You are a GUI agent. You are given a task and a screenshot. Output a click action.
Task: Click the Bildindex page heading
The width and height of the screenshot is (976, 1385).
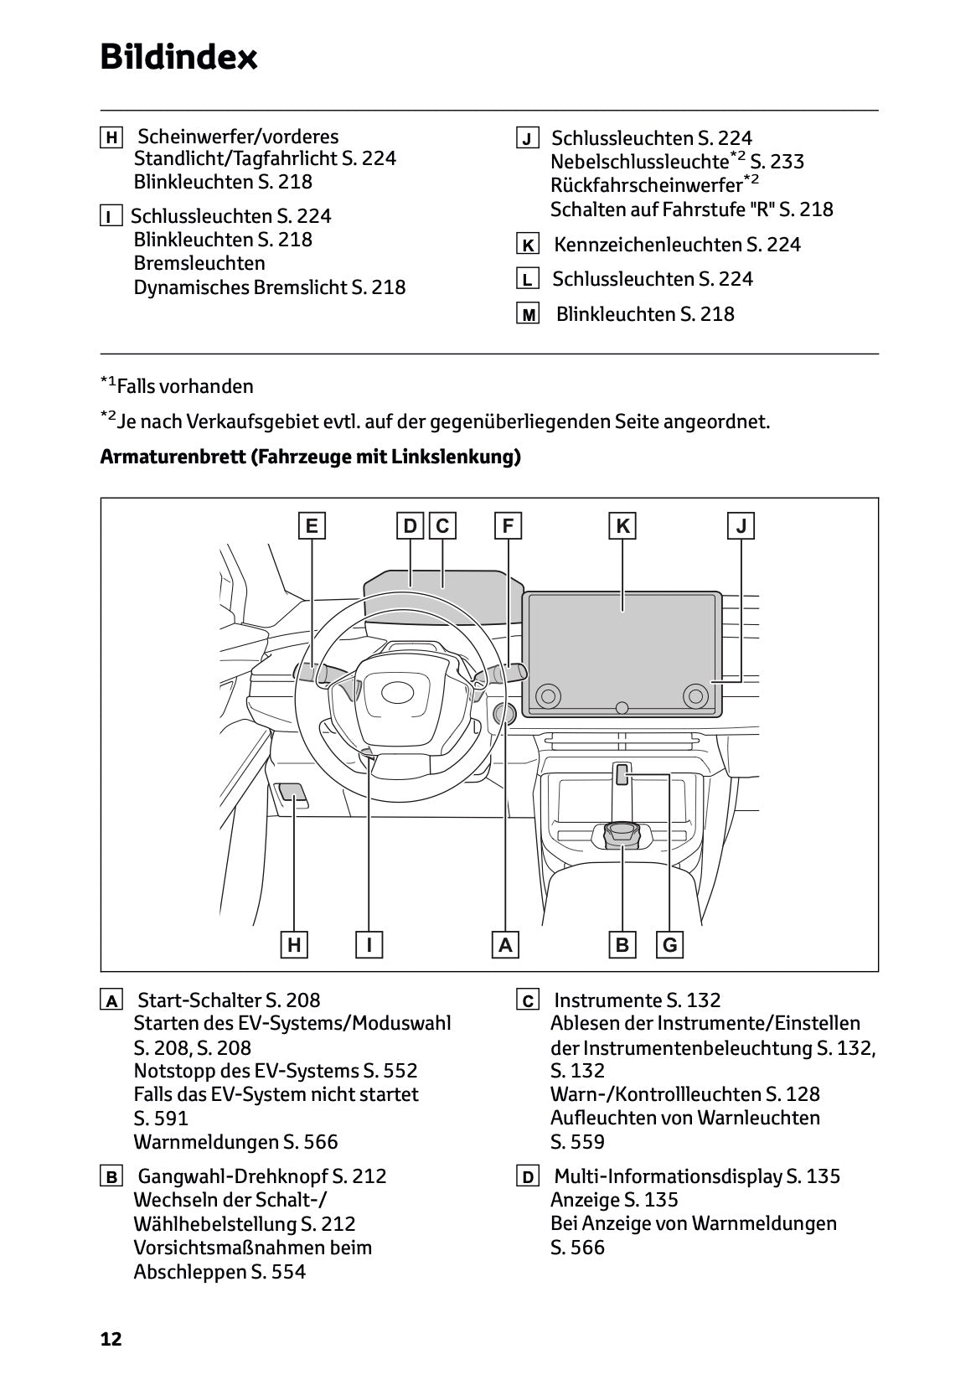[178, 58]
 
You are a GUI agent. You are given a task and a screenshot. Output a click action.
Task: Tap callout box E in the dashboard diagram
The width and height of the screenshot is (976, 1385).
[312, 526]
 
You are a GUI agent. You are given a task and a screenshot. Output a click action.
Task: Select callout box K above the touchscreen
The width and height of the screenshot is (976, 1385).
[622, 526]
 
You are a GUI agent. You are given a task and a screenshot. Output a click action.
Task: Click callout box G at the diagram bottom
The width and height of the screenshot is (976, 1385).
[670, 945]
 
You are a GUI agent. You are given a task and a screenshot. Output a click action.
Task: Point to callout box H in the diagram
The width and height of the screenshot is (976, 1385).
[294, 945]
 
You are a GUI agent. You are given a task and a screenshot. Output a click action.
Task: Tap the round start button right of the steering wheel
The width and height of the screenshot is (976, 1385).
[504, 713]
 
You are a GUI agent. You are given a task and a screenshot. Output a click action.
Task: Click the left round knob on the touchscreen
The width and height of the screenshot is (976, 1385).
[548, 695]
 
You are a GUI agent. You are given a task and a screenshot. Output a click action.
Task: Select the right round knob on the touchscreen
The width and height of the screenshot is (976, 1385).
[695, 695]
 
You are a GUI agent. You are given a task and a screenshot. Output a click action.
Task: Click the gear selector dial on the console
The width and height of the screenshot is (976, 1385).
[622, 835]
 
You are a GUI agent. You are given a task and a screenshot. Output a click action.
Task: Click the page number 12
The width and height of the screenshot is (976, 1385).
[111, 1339]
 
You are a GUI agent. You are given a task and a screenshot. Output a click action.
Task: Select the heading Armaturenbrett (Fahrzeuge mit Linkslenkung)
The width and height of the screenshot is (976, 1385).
[310, 457]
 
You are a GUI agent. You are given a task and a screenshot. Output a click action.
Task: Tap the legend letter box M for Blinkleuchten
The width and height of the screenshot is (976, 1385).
[528, 315]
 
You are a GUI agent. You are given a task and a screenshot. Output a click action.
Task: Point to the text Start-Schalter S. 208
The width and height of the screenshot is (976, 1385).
[228, 1000]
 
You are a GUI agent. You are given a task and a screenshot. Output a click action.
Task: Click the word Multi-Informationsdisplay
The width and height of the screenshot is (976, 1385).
[668, 1176]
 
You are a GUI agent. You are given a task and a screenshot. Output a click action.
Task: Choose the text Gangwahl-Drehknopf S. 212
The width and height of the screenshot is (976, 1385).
[261, 1176]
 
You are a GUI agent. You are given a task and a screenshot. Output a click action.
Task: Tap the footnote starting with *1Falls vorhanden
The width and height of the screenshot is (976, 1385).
[177, 386]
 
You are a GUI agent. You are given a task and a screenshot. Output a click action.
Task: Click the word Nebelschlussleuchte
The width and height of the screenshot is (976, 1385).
[638, 162]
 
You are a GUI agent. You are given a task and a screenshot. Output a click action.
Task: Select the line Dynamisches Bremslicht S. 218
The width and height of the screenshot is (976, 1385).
[269, 287]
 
